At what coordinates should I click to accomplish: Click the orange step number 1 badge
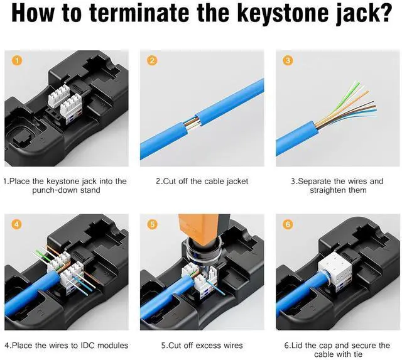pyautogui.click(x=17, y=60)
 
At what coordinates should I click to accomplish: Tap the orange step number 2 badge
pyautogui.click(x=152, y=60)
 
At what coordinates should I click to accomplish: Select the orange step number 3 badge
pyautogui.click(x=288, y=60)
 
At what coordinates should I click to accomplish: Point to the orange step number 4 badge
pyautogui.click(x=16, y=224)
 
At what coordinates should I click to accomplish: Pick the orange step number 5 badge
pyautogui.click(x=152, y=224)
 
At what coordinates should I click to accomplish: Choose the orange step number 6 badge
pyautogui.click(x=288, y=224)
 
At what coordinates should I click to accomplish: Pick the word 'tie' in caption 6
pyautogui.click(x=358, y=354)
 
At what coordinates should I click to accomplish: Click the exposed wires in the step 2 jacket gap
pyautogui.click(x=191, y=124)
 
